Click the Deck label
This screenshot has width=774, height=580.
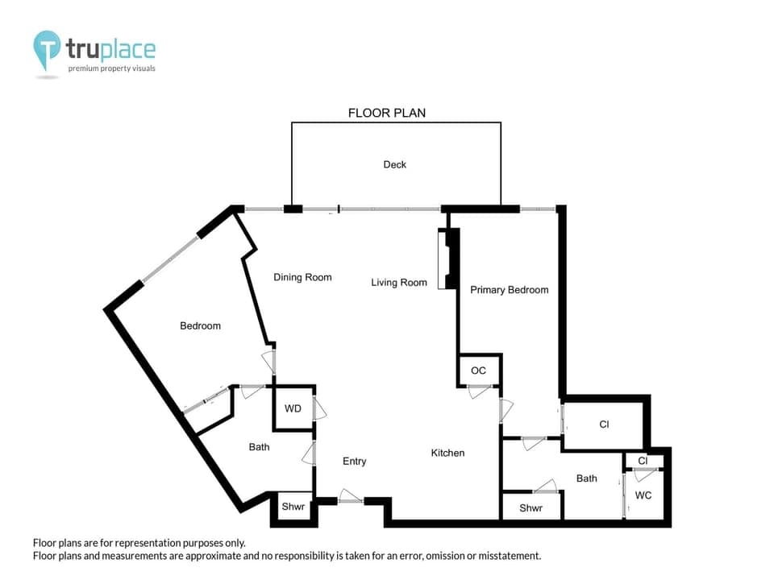pyautogui.click(x=394, y=164)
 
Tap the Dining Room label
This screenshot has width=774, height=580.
pyautogui.click(x=302, y=277)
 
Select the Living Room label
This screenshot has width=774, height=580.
pyautogui.click(x=399, y=282)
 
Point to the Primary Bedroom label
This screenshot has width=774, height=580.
pyautogui.click(x=509, y=290)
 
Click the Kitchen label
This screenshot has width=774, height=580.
pyautogui.click(x=447, y=453)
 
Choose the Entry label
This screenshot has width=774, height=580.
pyautogui.click(x=354, y=461)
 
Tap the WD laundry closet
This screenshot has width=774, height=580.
pyautogui.click(x=293, y=408)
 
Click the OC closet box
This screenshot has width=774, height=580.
pyautogui.click(x=479, y=371)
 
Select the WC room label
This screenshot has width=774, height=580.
pyautogui.click(x=643, y=495)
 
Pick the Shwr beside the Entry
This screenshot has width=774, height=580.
pyautogui.click(x=291, y=507)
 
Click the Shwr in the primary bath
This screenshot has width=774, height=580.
pyautogui.click(x=531, y=508)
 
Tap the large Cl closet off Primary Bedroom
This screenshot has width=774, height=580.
pyautogui.click(x=604, y=425)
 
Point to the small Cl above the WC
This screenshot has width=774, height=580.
pyautogui.click(x=643, y=461)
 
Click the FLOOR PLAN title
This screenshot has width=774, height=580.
pyautogui.click(x=386, y=113)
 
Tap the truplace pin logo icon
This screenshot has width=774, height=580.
pyautogui.click(x=48, y=50)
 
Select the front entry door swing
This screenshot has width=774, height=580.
pyautogui.click(x=350, y=496)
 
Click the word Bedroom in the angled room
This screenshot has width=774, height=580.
pyautogui.click(x=200, y=325)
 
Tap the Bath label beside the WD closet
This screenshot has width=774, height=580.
pyautogui.click(x=259, y=446)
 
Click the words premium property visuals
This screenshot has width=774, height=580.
pyautogui.click(x=111, y=68)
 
